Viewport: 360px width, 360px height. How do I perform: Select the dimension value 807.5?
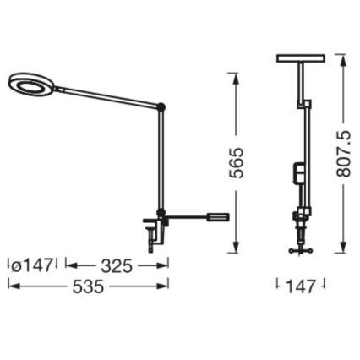click(x=345, y=152)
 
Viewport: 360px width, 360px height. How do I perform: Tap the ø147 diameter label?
click(x=32, y=266)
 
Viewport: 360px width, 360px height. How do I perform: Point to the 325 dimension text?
click(x=116, y=266)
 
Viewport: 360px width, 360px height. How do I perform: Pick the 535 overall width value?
click(x=89, y=286)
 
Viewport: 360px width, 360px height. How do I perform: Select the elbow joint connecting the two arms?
click(x=161, y=106)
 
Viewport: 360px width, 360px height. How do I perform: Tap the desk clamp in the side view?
click(x=153, y=230)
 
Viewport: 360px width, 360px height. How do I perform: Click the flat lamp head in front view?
click(x=299, y=59)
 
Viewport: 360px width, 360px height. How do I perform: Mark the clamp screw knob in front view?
click(x=300, y=248)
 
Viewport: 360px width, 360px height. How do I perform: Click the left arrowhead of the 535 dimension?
click(x=11, y=286)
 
